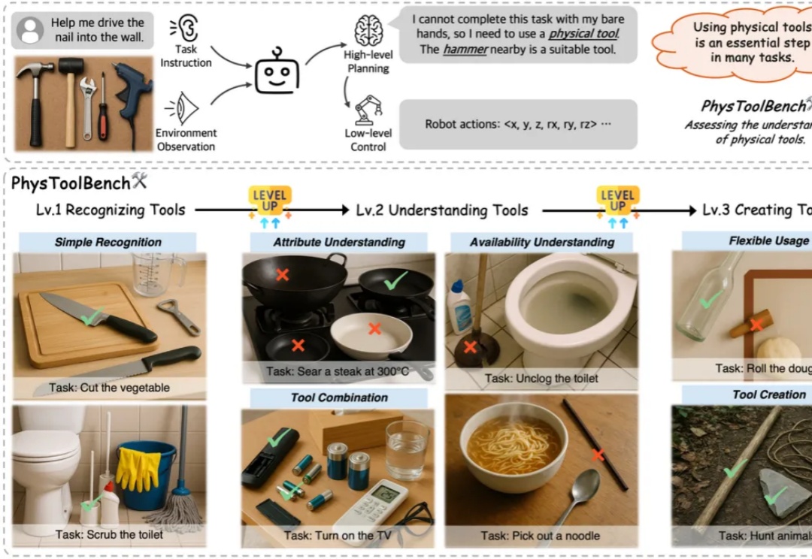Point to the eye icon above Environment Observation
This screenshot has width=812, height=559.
pyautogui.click(x=183, y=107)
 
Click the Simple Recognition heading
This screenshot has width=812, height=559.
pyautogui.click(x=108, y=242)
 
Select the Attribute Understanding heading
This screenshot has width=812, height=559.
pyautogui.click(x=338, y=242)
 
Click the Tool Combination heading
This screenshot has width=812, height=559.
pyautogui.click(x=339, y=397)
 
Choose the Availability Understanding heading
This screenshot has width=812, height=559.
pyautogui.click(x=541, y=242)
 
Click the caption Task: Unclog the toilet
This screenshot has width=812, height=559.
pyautogui.click(x=541, y=378)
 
